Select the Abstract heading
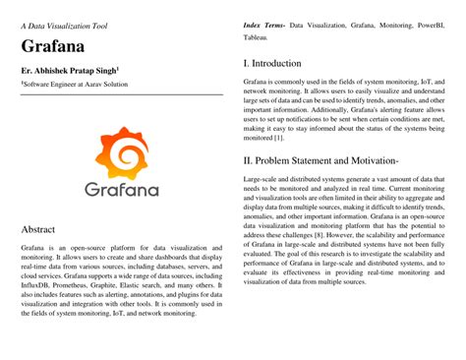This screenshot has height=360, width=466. coord(40,229)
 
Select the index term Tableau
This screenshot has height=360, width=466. coord(257,36)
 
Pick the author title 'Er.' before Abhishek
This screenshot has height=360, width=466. coord(26,71)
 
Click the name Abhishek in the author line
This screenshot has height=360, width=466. coord(58,71)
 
